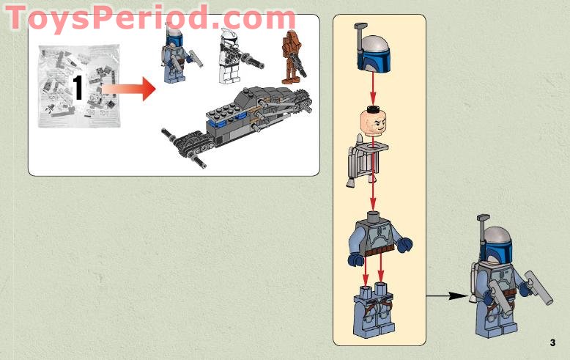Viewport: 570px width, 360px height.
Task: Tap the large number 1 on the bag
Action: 78,87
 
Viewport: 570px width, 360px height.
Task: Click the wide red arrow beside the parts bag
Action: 130,89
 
